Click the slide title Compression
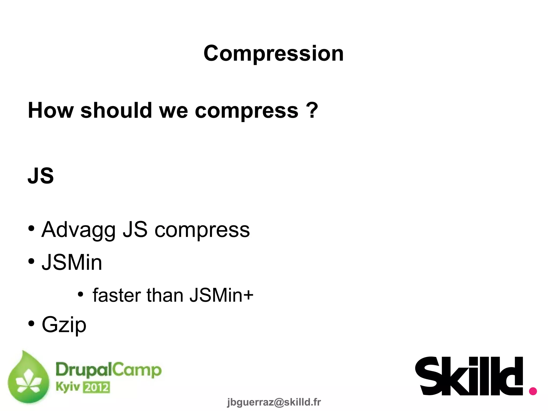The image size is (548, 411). (x=273, y=54)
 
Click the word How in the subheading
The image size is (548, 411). (x=51, y=110)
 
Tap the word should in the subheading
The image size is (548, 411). (x=116, y=110)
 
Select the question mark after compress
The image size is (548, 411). (x=312, y=110)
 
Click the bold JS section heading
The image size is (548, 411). (x=41, y=176)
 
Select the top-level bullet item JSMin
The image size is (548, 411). (x=72, y=262)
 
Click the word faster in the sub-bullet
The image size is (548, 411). (x=116, y=295)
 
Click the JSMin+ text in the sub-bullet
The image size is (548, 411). (x=221, y=295)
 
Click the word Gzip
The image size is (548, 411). (x=64, y=325)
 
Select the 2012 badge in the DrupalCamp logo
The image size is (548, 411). (x=97, y=387)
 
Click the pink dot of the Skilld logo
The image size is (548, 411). (x=533, y=391)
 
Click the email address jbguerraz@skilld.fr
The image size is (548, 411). (x=274, y=402)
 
